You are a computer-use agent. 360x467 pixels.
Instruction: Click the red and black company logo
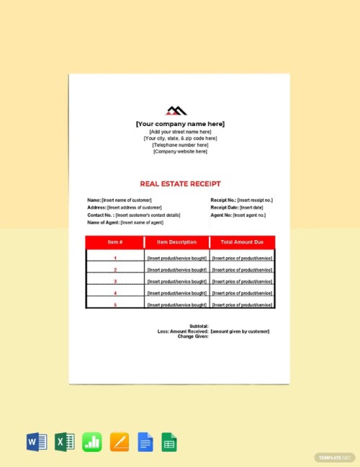pyautogui.click(x=176, y=110)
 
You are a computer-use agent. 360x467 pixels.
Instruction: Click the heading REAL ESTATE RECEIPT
pyautogui.click(x=180, y=184)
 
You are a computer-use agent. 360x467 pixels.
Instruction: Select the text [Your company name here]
pyautogui.click(x=180, y=125)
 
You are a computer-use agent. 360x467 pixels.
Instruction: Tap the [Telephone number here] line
pyautogui.click(x=180, y=145)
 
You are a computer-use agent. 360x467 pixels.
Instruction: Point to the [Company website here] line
pyautogui.click(x=180, y=151)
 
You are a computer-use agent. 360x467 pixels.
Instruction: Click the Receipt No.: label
pyautogui.click(x=223, y=200)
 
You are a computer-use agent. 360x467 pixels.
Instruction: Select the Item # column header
pyautogui.click(x=115, y=242)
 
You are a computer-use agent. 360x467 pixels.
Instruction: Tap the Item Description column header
pyautogui.click(x=176, y=242)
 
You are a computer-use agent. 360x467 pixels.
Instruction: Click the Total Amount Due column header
pyautogui.click(x=242, y=242)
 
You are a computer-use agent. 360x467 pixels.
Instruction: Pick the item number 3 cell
pyautogui.click(x=115, y=282)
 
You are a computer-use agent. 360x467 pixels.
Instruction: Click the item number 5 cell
pyautogui.click(x=115, y=305)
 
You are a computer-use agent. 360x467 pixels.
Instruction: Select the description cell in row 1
pyautogui.click(x=176, y=258)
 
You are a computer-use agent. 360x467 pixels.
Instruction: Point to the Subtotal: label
pyautogui.click(x=197, y=326)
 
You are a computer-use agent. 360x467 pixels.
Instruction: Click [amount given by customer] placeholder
pyautogui.click(x=240, y=331)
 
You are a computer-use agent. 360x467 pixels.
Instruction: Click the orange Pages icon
pyautogui.click(x=119, y=442)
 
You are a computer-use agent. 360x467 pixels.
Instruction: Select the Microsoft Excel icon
pyautogui.click(x=65, y=442)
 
